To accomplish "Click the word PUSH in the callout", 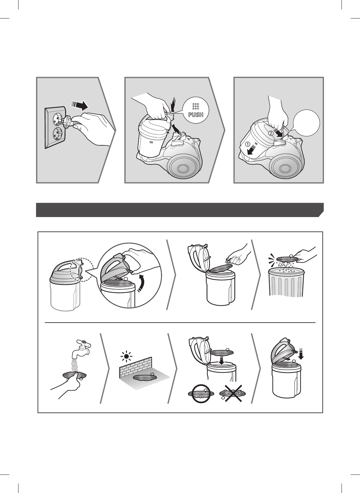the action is pos(196,115).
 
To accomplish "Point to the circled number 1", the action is pos(248,144).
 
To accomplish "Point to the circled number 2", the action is pos(271,133).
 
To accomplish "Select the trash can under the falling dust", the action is pos(286,282).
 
